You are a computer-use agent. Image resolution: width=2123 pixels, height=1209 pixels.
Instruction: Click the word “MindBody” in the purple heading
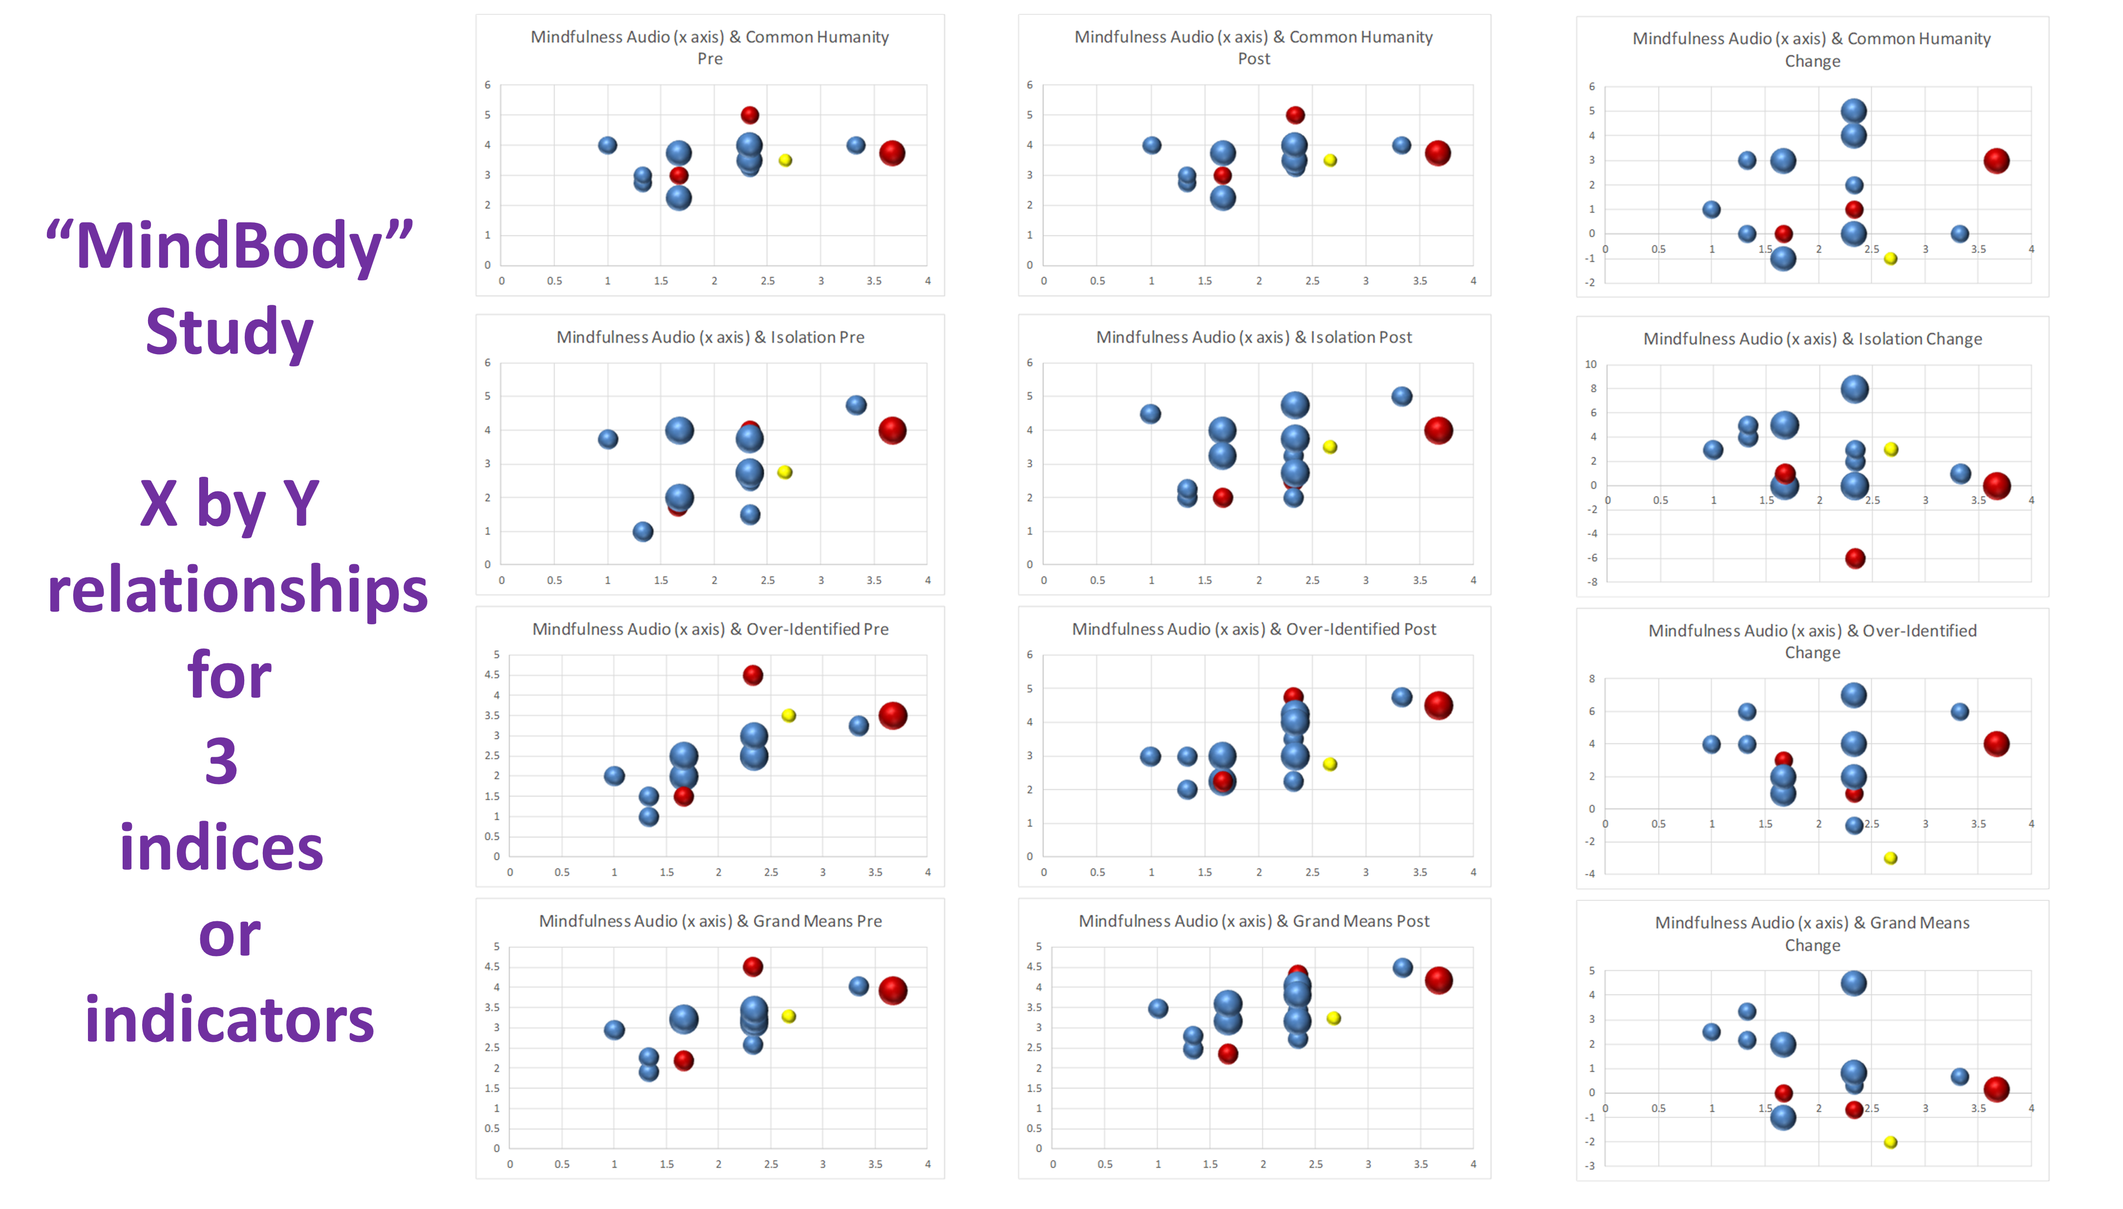pos(230,247)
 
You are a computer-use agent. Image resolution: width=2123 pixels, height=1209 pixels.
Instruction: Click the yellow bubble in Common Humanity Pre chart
pos(785,160)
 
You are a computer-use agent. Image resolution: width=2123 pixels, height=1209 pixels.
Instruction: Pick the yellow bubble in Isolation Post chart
pos(1329,447)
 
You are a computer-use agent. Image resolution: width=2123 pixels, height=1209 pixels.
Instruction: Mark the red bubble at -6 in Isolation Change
pos(1855,558)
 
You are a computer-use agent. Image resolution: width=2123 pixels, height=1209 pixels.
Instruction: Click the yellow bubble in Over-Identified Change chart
pos(1890,858)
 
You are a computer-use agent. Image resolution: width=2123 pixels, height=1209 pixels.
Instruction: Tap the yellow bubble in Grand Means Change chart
pos(1890,1142)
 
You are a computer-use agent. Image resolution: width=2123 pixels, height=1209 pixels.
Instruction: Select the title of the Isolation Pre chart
pos(710,337)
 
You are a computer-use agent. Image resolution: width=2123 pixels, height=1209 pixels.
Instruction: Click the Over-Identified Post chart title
pos(1253,629)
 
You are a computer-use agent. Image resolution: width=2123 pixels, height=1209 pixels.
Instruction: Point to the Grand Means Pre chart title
pos(710,921)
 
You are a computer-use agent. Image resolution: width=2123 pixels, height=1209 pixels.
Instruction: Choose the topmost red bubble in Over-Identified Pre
pos(752,675)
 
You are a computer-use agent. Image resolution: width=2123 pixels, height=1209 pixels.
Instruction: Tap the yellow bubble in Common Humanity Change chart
pos(1890,258)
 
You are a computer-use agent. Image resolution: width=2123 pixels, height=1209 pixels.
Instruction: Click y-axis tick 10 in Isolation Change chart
pos(1590,364)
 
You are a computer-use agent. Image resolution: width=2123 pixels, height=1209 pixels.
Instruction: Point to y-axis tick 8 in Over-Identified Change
pos(1592,679)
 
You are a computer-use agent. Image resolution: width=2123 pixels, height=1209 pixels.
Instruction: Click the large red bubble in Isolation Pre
pos(892,430)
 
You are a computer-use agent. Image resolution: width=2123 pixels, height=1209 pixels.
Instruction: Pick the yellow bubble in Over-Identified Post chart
pos(1329,764)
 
